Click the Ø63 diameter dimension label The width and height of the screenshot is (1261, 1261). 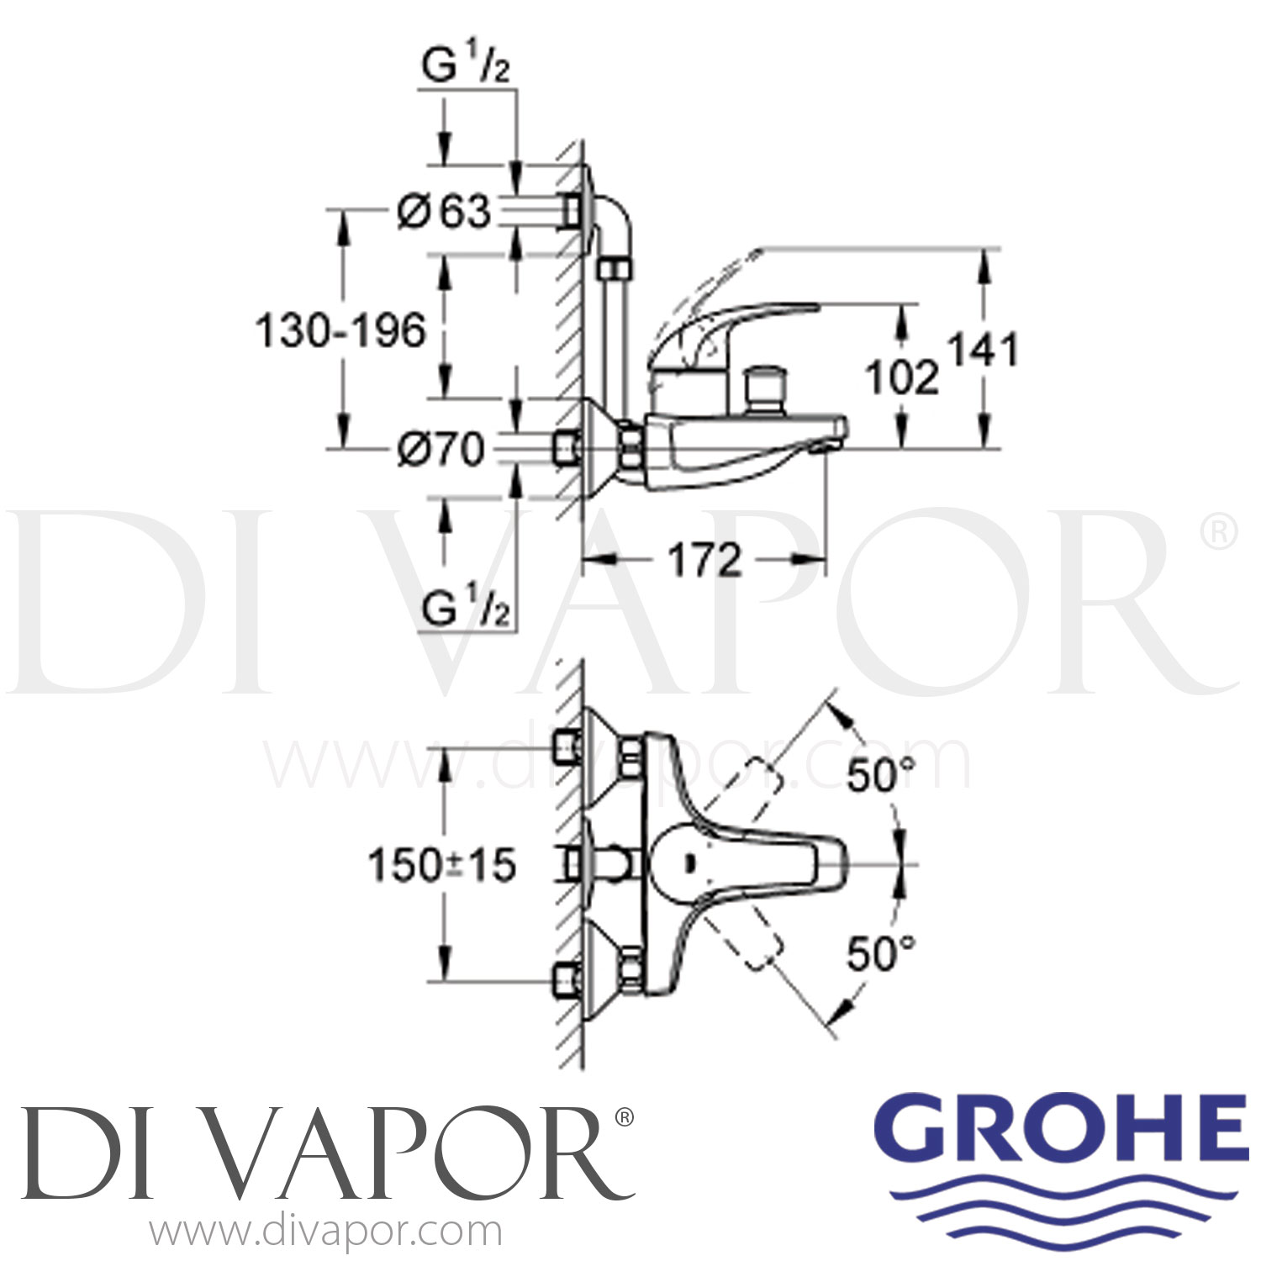(x=444, y=212)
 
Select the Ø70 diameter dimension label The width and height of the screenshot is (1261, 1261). (x=441, y=450)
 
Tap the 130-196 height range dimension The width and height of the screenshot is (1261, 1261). (x=341, y=331)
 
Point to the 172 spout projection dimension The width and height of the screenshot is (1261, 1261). (x=704, y=560)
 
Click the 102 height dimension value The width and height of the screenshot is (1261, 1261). (x=902, y=378)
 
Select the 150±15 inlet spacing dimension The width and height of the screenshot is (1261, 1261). (x=442, y=864)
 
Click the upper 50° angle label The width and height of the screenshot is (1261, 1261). (x=879, y=775)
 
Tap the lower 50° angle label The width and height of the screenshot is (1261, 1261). (x=879, y=954)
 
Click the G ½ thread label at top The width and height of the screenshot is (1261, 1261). (x=465, y=67)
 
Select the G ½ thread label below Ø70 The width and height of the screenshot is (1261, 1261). (x=465, y=609)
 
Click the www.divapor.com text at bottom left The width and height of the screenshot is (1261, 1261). (x=326, y=1233)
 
